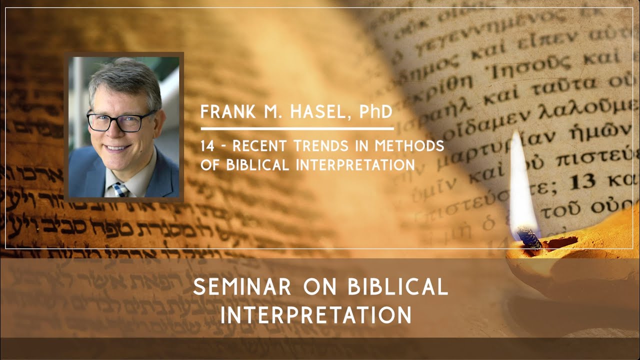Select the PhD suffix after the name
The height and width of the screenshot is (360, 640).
375,111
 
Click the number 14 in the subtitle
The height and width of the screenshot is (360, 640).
207,146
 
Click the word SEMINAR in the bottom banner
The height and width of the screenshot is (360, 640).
242,287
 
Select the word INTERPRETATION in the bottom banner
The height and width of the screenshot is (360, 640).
316,315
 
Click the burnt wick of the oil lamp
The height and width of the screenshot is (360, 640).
529,237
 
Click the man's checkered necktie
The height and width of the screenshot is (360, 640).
120,189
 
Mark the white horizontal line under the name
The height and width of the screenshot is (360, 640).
297,129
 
